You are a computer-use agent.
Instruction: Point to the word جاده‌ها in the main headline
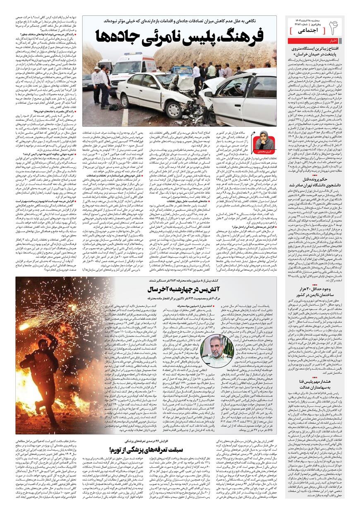pos(118,36)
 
